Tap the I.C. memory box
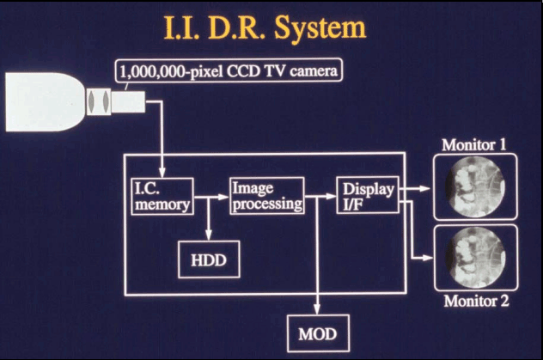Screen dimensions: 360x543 162,196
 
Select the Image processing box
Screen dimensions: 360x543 266,195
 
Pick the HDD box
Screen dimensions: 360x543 204,258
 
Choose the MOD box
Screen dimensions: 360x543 318,331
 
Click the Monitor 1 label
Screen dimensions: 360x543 473,144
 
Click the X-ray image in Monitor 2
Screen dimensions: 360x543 474,257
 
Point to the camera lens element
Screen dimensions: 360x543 99,102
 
